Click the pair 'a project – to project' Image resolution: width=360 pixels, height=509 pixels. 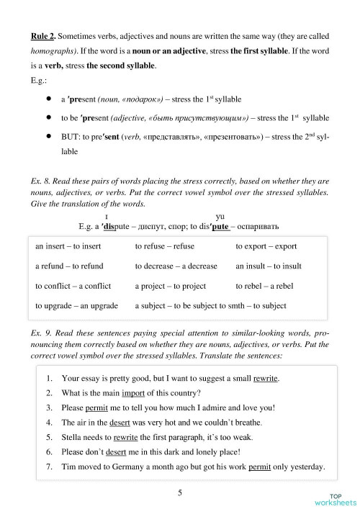tap(170, 286)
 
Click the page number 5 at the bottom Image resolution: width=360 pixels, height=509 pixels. tap(180, 492)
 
